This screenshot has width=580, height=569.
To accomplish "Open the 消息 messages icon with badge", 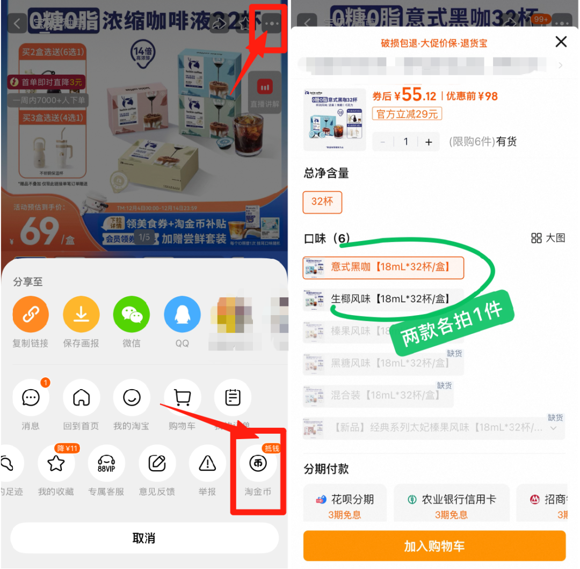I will pyautogui.click(x=31, y=398).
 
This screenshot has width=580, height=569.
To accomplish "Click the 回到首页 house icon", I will pyautogui.click(x=81, y=398).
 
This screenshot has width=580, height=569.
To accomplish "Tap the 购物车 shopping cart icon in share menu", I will pyautogui.click(x=182, y=398).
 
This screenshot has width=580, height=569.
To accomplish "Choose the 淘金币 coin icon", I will pyautogui.click(x=258, y=463).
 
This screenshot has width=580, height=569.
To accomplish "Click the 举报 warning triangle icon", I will pyautogui.click(x=207, y=463).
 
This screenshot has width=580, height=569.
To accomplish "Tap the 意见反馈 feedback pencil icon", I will pyautogui.click(x=157, y=463).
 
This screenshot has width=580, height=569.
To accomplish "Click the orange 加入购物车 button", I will pyautogui.click(x=434, y=546).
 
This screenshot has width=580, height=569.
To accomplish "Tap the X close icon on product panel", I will pyautogui.click(x=561, y=42).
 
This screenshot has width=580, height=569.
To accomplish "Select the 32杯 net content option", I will pyautogui.click(x=322, y=202).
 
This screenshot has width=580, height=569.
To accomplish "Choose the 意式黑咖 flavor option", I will pyautogui.click(x=383, y=267).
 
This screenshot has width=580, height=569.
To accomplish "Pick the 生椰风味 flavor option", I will pyautogui.click(x=383, y=298).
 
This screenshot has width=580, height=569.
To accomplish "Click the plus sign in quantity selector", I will pyautogui.click(x=429, y=142).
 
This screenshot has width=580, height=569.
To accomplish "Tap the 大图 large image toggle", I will pyautogui.click(x=548, y=238).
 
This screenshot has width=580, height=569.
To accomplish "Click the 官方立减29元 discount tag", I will pyautogui.click(x=407, y=114).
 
